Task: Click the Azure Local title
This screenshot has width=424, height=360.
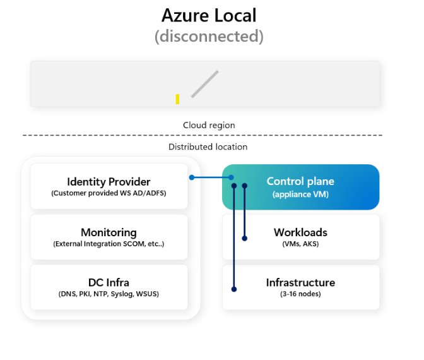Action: pyautogui.click(x=209, y=15)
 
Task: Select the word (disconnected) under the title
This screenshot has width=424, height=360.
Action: pyautogui.click(x=209, y=36)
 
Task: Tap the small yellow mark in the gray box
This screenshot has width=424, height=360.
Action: pyautogui.click(x=178, y=99)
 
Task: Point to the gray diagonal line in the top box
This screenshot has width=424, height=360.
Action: pyautogui.click(x=205, y=84)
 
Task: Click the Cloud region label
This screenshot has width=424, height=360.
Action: pyautogui.click(x=209, y=125)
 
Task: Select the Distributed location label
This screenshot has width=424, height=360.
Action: pyautogui.click(x=208, y=147)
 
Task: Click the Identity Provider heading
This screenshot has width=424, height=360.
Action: pyautogui.click(x=109, y=182)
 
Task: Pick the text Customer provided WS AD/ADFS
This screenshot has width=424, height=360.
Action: pyautogui.click(x=109, y=193)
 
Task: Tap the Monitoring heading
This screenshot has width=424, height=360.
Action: pyautogui.click(x=109, y=232)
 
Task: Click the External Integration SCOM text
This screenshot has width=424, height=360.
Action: pyautogui.click(x=109, y=244)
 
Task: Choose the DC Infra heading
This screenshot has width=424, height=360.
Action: pyautogui.click(x=109, y=282)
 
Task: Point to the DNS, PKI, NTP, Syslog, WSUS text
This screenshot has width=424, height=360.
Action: pyautogui.click(x=109, y=294)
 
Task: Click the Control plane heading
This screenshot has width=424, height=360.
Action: pyautogui.click(x=300, y=181)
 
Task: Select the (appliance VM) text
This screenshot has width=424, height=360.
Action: pyautogui.click(x=300, y=194)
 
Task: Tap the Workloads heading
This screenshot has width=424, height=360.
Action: pyautogui.click(x=300, y=232)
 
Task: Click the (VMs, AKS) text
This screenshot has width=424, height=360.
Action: pyautogui.click(x=300, y=244)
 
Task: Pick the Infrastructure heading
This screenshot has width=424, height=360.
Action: pyautogui.click(x=300, y=282)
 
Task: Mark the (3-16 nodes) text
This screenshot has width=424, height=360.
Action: pyautogui.click(x=300, y=294)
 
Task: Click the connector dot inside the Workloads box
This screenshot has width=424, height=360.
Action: pyautogui.click(x=245, y=238)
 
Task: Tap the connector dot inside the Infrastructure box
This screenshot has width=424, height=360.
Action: pyautogui.click(x=234, y=289)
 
